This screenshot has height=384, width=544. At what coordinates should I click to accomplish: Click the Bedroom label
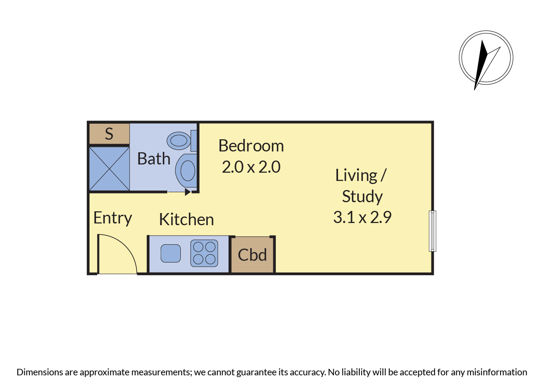[x=251, y=146]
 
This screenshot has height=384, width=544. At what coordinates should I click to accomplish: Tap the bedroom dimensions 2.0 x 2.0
[x=251, y=167]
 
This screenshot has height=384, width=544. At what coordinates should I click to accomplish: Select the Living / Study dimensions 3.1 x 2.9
[x=362, y=217]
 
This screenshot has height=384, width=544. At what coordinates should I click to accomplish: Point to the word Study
[x=362, y=197]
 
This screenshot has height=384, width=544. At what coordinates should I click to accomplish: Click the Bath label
[x=154, y=159]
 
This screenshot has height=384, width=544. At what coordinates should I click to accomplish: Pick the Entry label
[x=113, y=218]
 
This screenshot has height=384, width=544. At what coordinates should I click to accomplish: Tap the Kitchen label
[x=186, y=219]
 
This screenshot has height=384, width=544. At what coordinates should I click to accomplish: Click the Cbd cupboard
[x=252, y=255]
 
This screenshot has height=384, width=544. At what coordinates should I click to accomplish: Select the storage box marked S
[x=109, y=134]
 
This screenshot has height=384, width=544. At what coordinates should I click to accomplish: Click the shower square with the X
[x=109, y=169]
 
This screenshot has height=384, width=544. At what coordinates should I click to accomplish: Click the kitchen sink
[x=171, y=253]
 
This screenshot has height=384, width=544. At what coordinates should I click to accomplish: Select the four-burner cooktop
[x=204, y=253]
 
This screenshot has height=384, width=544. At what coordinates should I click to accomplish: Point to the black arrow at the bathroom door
[x=188, y=192]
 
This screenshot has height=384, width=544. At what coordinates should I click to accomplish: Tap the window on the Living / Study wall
[x=432, y=231]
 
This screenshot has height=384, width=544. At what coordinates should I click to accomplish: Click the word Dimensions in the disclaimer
[x=40, y=372]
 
